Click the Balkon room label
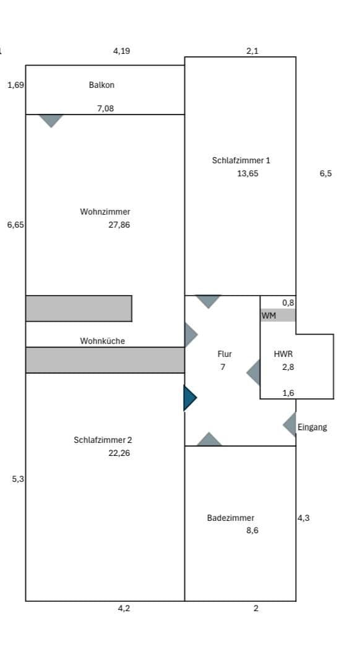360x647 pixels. pos(101,85)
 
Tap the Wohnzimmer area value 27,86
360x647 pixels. pos(119,225)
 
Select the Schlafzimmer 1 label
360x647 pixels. pos(241,160)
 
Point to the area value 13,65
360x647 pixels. pos(247,173)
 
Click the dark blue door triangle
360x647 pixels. pos(189,398)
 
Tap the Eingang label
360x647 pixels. pos(312,427)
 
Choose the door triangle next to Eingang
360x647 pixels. pos(290,425)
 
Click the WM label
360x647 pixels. pos(268,315)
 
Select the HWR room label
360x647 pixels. pos(283,354)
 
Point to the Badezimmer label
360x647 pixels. pos(230,518)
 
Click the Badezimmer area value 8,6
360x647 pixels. pos(252,530)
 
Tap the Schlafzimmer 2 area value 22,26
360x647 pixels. pos(119,453)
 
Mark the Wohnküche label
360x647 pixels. pos(102,341)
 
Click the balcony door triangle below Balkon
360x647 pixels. pos(51,120)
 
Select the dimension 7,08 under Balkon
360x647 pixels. pos(105,108)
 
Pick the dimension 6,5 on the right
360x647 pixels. pos(325,173)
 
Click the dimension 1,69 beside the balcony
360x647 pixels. pos(15,85)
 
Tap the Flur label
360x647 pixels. pos(225,354)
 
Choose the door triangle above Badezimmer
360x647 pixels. pos(210,440)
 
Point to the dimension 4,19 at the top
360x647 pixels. pos(121,51)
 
